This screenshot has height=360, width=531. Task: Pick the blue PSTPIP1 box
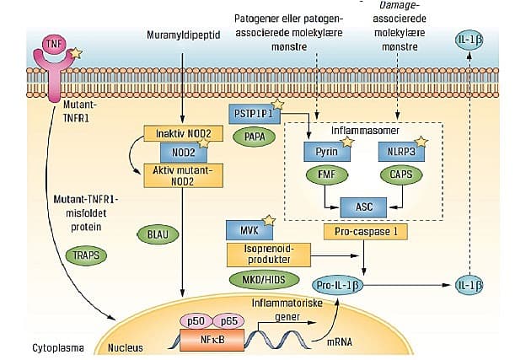tap(256, 112)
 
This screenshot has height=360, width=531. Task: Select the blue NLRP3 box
tap(402, 153)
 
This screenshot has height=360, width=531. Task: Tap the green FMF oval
tap(325, 176)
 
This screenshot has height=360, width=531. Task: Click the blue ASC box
tap(363, 204)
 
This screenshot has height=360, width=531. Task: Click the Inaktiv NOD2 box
tap(183, 133)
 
